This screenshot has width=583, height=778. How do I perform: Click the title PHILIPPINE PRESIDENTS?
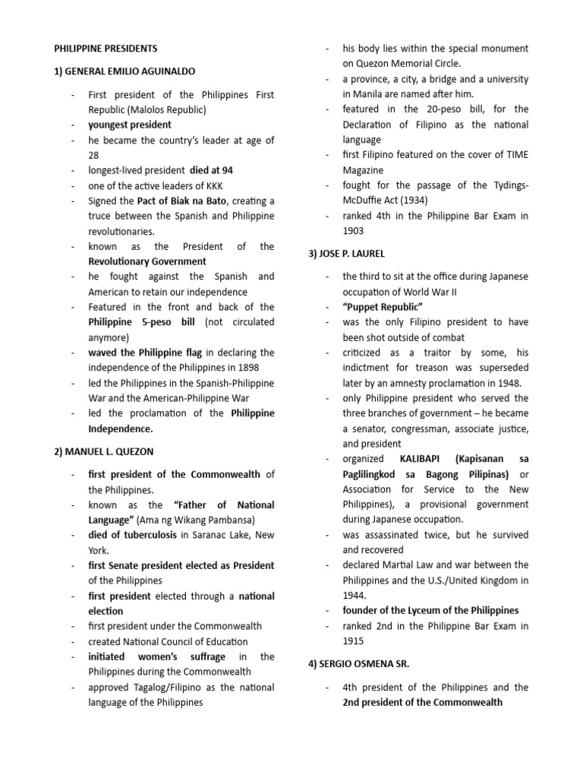(106, 49)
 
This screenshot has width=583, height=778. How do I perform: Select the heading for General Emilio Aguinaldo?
(124, 71)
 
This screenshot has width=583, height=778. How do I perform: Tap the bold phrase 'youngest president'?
(130, 125)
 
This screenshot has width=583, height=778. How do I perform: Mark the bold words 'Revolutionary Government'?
(142, 261)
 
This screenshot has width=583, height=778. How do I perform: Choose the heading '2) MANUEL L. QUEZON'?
(103, 451)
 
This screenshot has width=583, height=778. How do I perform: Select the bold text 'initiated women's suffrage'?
(156, 656)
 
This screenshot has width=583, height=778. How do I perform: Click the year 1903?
(353, 231)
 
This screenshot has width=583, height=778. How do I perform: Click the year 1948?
(509, 383)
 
